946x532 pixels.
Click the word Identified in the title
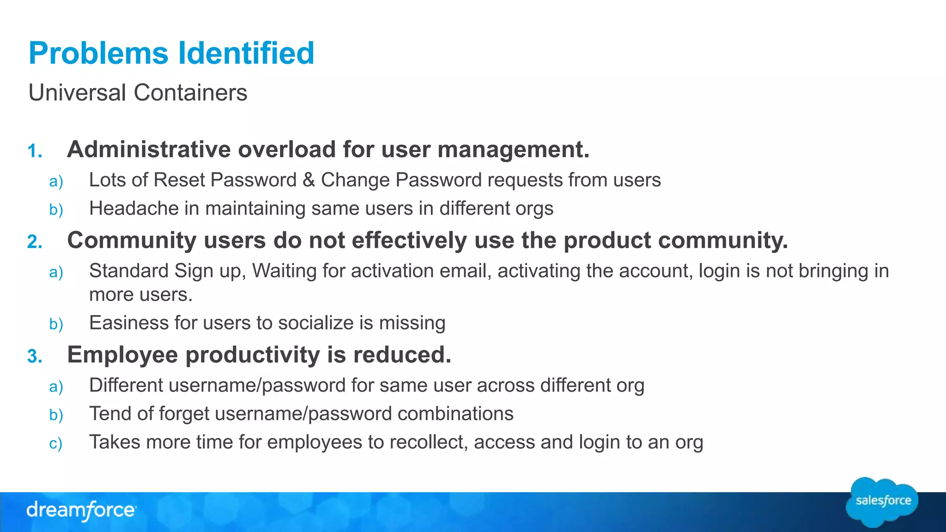click(x=246, y=53)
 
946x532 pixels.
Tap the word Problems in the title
click(x=98, y=53)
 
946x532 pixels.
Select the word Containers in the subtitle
click(x=190, y=92)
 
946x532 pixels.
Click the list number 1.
click(x=35, y=151)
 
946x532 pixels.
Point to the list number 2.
click(x=35, y=242)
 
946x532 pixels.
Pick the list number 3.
click(x=35, y=357)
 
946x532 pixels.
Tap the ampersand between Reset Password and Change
click(x=309, y=180)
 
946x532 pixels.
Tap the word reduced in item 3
click(x=401, y=355)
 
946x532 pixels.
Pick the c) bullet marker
click(x=55, y=444)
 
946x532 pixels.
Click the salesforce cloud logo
click(x=883, y=502)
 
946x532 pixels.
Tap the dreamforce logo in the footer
click(x=81, y=510)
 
